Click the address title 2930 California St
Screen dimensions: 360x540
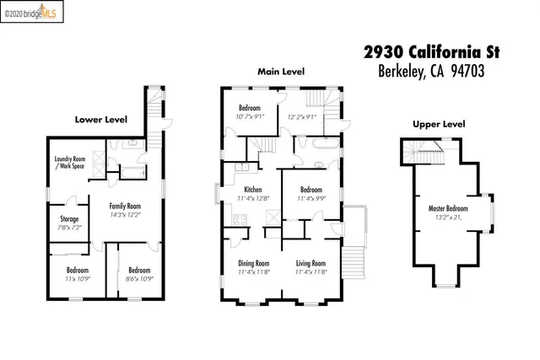[x=432, y=52]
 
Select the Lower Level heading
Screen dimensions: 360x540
[x=100, y=120]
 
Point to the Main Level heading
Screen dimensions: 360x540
[x=282, y=72]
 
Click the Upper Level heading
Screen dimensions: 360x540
[x=438, y=124]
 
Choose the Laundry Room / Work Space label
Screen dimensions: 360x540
[x=69, y=162]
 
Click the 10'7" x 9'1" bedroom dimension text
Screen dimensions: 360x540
[x=251, y=117]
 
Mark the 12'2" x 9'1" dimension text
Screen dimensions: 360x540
[x=302, y=117]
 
